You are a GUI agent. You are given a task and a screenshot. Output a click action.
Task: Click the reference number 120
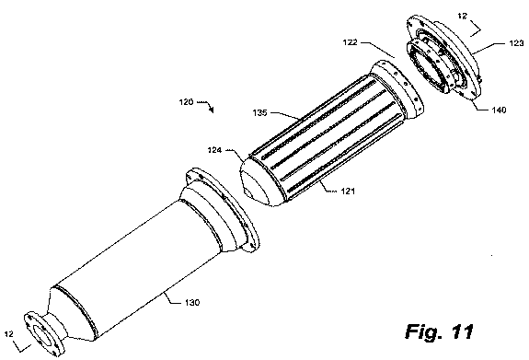[x=186, y=101]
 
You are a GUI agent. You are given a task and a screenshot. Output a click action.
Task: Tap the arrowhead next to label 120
[x=212, y=110]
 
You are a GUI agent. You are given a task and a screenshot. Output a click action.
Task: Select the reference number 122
[x=351, y=42]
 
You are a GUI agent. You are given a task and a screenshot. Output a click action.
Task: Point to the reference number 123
[x=516, y=43]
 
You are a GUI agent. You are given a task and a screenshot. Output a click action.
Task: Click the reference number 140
[x=499, y=110]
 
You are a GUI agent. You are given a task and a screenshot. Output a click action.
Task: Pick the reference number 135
[x=259, y=113]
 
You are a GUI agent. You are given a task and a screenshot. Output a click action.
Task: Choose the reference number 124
[x=214, y=149]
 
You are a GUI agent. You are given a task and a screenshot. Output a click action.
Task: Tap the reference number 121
[x=348, y=192]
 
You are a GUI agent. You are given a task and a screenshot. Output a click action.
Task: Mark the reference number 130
[x=192, y=302]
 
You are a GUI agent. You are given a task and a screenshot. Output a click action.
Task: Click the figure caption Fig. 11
[x=440, y=331]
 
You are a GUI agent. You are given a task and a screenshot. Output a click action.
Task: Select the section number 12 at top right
[x=463, y=16]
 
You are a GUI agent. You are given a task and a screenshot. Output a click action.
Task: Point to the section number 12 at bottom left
[x=9, y=334]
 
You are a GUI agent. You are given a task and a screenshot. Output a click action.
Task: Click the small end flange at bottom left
[x=43, y=334]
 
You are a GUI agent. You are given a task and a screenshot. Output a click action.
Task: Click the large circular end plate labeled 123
[x=445, y=57]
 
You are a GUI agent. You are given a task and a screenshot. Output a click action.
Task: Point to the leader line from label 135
[x=285, y=115]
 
